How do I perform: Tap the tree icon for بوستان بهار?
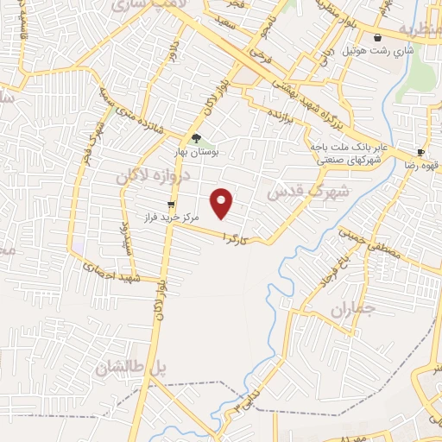click(x=197, y=138)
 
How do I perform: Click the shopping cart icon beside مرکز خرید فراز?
click(x=171, y=205)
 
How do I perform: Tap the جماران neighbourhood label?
click(x=355, y=309)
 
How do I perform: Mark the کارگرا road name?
click(x=237, y=235)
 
